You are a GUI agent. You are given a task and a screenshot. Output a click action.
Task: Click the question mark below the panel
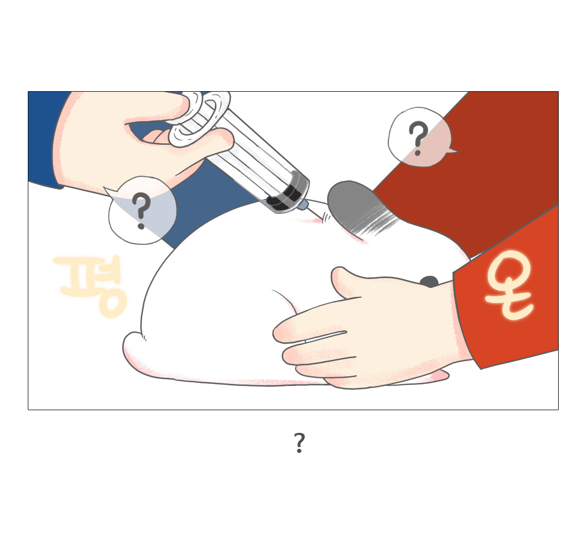(299, 443)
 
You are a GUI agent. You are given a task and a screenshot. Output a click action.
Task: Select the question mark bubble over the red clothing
(418, 137)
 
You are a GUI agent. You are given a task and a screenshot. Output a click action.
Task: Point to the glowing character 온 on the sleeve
(509, 286)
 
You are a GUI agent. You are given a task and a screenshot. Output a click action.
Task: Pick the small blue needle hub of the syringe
(303, 205)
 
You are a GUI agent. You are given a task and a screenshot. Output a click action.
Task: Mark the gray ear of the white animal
(356, 206)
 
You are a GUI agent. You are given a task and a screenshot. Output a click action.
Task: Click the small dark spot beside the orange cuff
(429, 282)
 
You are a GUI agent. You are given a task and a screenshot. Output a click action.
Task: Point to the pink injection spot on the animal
(312, 220)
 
